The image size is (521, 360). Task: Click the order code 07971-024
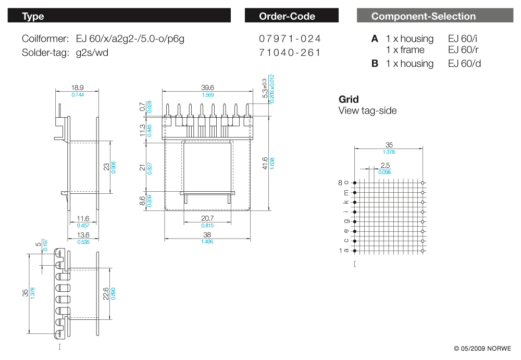tap(290, 39)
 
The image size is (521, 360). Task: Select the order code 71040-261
tap(290, 53)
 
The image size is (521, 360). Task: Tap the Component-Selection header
tap(423, 16)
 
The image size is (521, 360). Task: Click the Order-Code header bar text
tap(287, 16)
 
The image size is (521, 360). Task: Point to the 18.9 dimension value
tap(77, 88)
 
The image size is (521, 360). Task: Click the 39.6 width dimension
tap(207, 88)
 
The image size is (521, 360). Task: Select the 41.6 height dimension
tap(265, 163)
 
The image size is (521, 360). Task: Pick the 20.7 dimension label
tap(207, 218)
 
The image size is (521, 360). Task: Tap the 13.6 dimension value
tap(83, 235)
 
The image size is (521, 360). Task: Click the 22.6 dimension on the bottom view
tap(106, 294)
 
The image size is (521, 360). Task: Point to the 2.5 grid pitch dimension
tap(385, 165)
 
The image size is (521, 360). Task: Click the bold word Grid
tap(349, 100)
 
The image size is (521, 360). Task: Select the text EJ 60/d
tap(464, 64)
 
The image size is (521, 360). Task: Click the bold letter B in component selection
tap(375, 64)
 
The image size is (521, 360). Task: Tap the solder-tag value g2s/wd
tap(92, 53)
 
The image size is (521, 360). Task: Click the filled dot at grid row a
tap(355, 251)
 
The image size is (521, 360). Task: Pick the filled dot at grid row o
tap(355, 183)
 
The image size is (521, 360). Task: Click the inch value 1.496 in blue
tap(207, 242)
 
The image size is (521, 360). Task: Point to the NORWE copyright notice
tap(482, 349)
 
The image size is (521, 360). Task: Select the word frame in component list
tap(412, 50)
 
